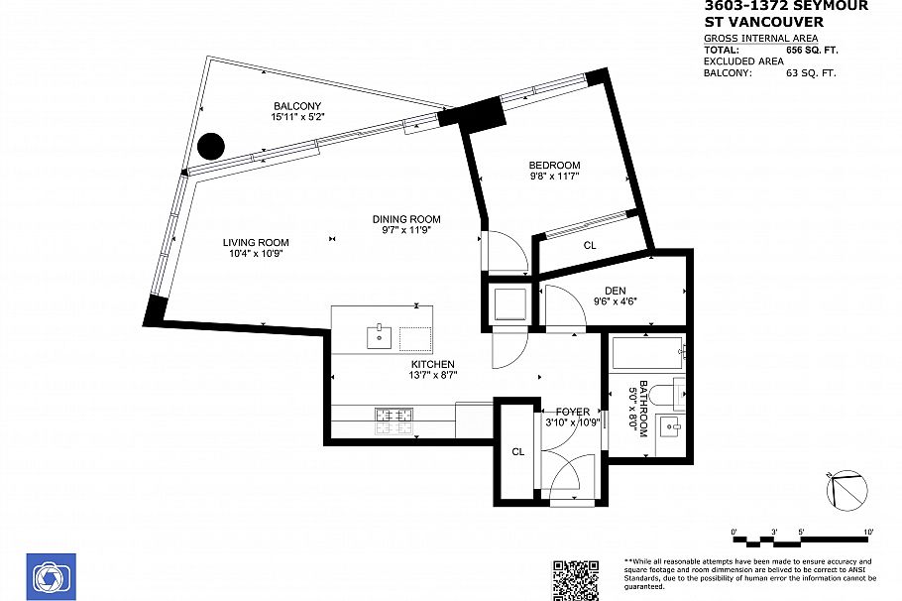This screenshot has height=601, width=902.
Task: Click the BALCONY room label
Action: [297, 106]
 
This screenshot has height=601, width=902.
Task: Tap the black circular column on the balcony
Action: [210, 147]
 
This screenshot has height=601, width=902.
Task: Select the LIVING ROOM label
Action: [255, 242]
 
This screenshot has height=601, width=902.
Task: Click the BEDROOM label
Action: [554, 165]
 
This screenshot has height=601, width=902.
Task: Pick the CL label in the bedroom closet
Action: [590, 244]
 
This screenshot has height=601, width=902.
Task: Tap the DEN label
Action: [615, 291]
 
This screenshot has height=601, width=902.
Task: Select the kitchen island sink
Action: [380, 337]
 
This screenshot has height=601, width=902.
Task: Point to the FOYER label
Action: [572, 412]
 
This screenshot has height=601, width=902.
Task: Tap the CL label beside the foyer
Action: [517, 451]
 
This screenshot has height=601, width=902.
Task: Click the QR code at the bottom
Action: [576, 579]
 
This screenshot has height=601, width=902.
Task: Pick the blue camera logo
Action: [51, 576]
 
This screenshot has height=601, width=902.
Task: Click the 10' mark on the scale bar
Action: [868, 534]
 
